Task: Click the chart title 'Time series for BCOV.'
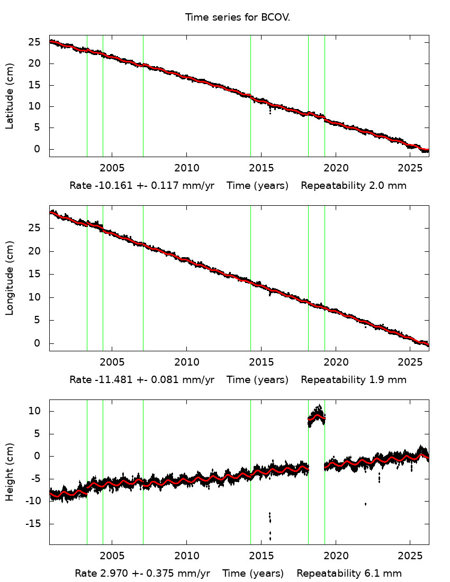coord(238,17)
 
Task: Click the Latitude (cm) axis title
coord(10,96)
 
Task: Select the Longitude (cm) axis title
coord(10,278)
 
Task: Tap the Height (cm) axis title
coord(10,472)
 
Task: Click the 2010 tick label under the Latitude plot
coord(186,168)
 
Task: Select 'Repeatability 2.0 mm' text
coord(354,186)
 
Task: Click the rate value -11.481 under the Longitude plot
coord(108,380)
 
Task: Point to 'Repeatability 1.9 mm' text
coord(354,380)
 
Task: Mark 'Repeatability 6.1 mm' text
coord(349,574)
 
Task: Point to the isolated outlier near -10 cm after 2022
coord(365,504)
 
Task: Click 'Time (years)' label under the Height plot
coord(253,574)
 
